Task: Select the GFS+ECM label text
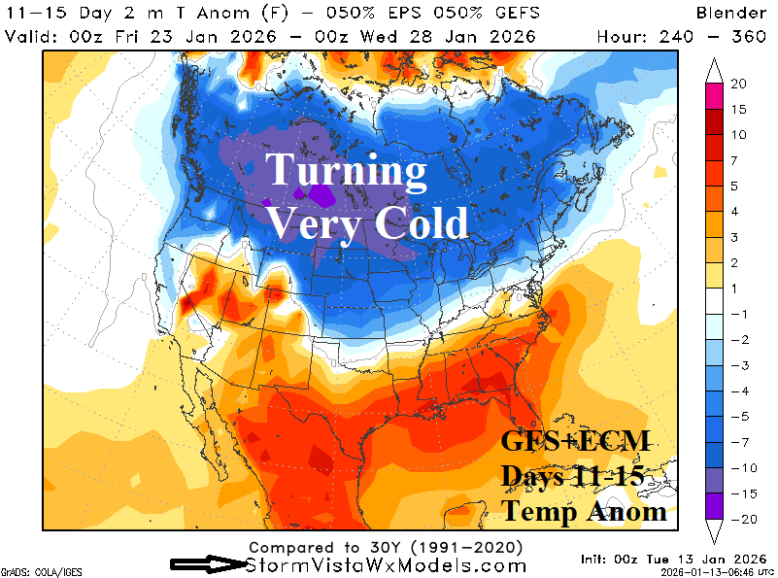[573, 442]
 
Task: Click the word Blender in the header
[731, 13]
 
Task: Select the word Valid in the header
[27, 37]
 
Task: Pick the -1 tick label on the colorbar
[738, 314]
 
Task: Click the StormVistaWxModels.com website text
[387, 565]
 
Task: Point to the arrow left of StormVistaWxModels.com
[207, 564]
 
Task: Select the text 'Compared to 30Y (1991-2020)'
[387, 547]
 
